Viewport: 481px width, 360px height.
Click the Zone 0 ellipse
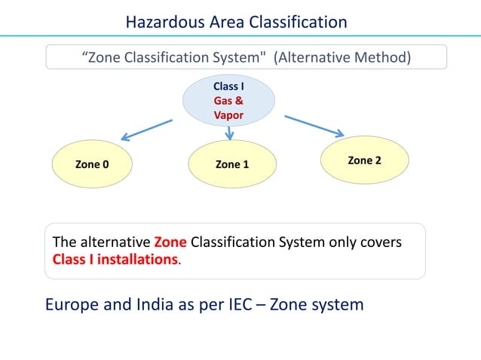point(91,164)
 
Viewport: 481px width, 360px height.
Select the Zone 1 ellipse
point(231,164)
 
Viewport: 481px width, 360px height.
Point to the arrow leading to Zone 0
point(147,128)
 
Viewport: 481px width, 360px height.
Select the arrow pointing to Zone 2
point(314,125)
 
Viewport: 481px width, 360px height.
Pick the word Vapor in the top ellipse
point(228,115)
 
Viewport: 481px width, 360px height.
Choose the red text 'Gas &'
point(228,101)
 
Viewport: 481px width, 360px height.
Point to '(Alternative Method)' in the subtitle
point(342,57)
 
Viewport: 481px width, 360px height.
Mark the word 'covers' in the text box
point(380,243)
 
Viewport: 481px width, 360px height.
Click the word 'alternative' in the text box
point(113,243)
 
